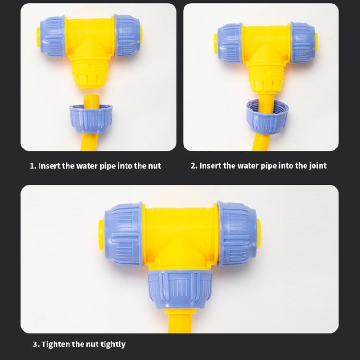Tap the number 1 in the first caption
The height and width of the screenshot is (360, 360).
pyautogui.click(x=32, y=166)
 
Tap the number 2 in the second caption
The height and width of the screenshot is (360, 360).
pyautogui.click(x=193, y=166)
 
